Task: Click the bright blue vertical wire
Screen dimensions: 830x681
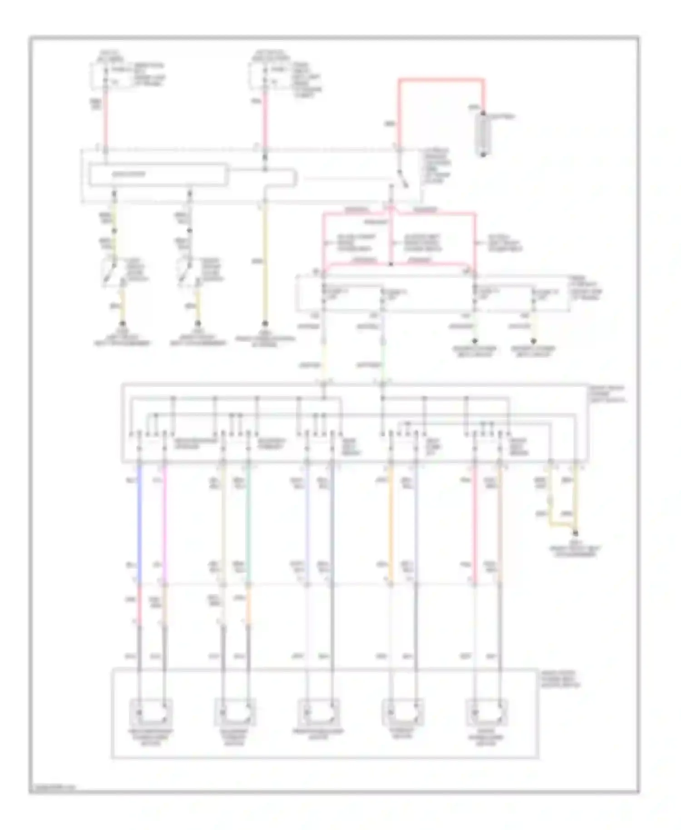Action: tap(139, 522)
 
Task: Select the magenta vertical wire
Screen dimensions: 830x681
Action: tap(164, 522)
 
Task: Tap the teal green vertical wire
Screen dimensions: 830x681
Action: tap(248, 522)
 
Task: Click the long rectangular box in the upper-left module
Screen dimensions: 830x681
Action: tap(158, 175)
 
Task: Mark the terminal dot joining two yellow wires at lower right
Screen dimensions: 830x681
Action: tap(576, 534)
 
